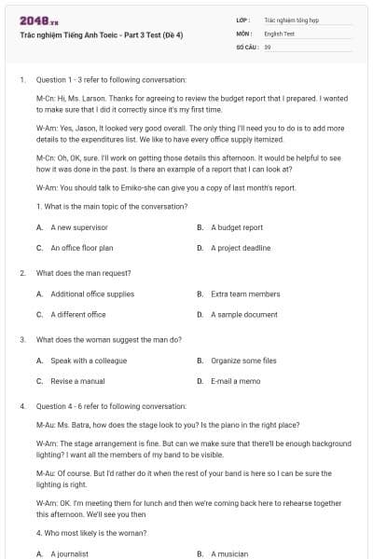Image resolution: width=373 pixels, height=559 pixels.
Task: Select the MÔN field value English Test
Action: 280,33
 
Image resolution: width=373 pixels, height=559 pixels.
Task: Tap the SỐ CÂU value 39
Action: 268,46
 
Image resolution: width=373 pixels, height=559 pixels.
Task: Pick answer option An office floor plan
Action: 82,249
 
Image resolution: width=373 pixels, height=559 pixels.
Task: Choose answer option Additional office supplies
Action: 92,293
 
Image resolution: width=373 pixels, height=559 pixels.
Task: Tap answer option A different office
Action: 78,315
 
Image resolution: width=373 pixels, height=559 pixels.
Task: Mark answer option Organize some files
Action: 243,361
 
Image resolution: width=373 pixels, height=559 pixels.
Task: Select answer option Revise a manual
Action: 77,381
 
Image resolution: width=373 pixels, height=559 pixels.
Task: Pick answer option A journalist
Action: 69,553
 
